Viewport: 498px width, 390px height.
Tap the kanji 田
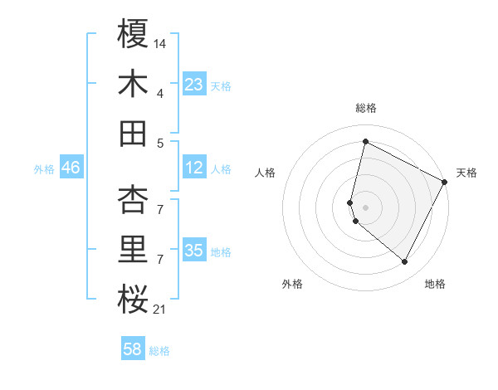(x=133, y=133)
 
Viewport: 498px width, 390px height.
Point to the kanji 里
(x=133, y=250)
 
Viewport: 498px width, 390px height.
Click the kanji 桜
(x=133, y=300)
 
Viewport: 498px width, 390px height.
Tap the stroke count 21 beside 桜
(x=160, y=310)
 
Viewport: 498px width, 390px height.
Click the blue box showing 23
(x=194, y=85)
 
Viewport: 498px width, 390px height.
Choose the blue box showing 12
(x=194, y=168)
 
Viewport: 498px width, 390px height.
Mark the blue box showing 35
(x=194, y=251)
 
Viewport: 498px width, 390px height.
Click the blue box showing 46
(x=71, y=168)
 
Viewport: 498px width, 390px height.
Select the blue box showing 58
(x=133, y=349)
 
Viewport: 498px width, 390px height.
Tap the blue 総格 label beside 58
(x=159, y=351)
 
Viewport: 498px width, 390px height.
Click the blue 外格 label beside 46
(x=44, y=169)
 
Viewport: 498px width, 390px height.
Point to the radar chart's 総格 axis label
(x=365, y=108)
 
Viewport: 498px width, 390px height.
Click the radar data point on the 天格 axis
(x=445, y=182)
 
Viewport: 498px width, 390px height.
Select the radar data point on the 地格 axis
(x=405, y=262)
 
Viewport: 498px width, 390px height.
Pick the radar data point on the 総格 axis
(x=365, y=141)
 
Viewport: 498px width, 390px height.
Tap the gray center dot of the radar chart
(x=365, y=206)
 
